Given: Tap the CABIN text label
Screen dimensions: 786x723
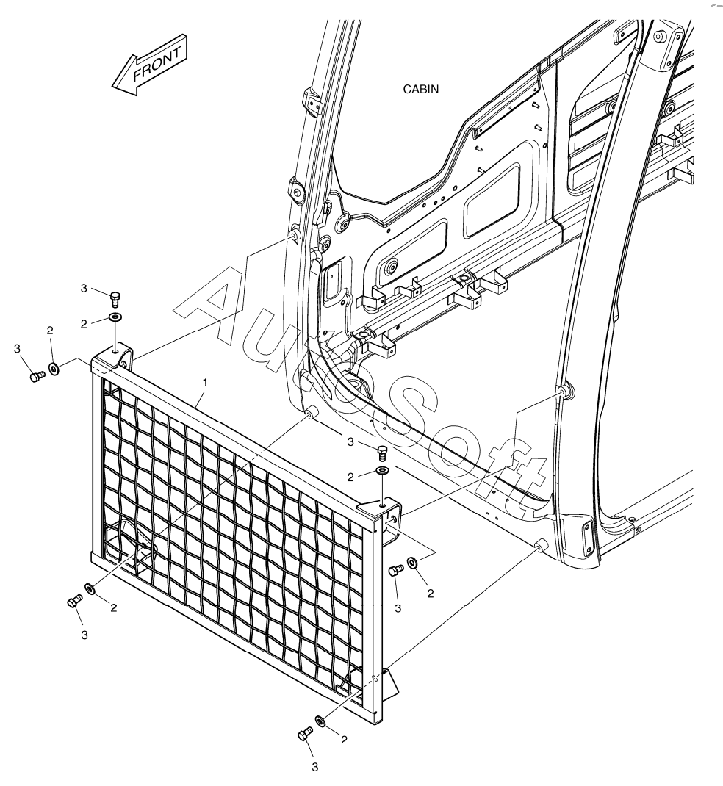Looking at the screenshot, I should pos(421,90).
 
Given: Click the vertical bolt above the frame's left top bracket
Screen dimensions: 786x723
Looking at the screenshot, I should pos(115,298).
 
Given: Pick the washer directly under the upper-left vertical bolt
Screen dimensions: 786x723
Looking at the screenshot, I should pos(115,317).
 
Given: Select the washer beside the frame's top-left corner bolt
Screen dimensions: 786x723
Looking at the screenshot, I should pos(54,367).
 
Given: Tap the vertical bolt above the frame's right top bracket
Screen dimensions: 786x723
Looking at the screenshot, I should pos(382,450).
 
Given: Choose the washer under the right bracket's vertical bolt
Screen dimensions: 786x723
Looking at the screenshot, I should pos(383,471).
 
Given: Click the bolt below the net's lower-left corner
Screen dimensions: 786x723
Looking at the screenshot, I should pos(73,601).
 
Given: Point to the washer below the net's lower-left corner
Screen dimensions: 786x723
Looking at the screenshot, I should pos(90,589).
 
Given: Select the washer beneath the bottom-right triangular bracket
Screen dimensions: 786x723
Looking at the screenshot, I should pos(320,721).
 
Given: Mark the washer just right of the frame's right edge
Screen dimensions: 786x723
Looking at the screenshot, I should pos(412,561).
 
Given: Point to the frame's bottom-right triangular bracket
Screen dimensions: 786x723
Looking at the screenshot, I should pos(386,679).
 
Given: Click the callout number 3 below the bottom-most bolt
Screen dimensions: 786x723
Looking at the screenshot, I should pos(315,768).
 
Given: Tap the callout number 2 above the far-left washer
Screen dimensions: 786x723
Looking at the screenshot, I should pos(50,331).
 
